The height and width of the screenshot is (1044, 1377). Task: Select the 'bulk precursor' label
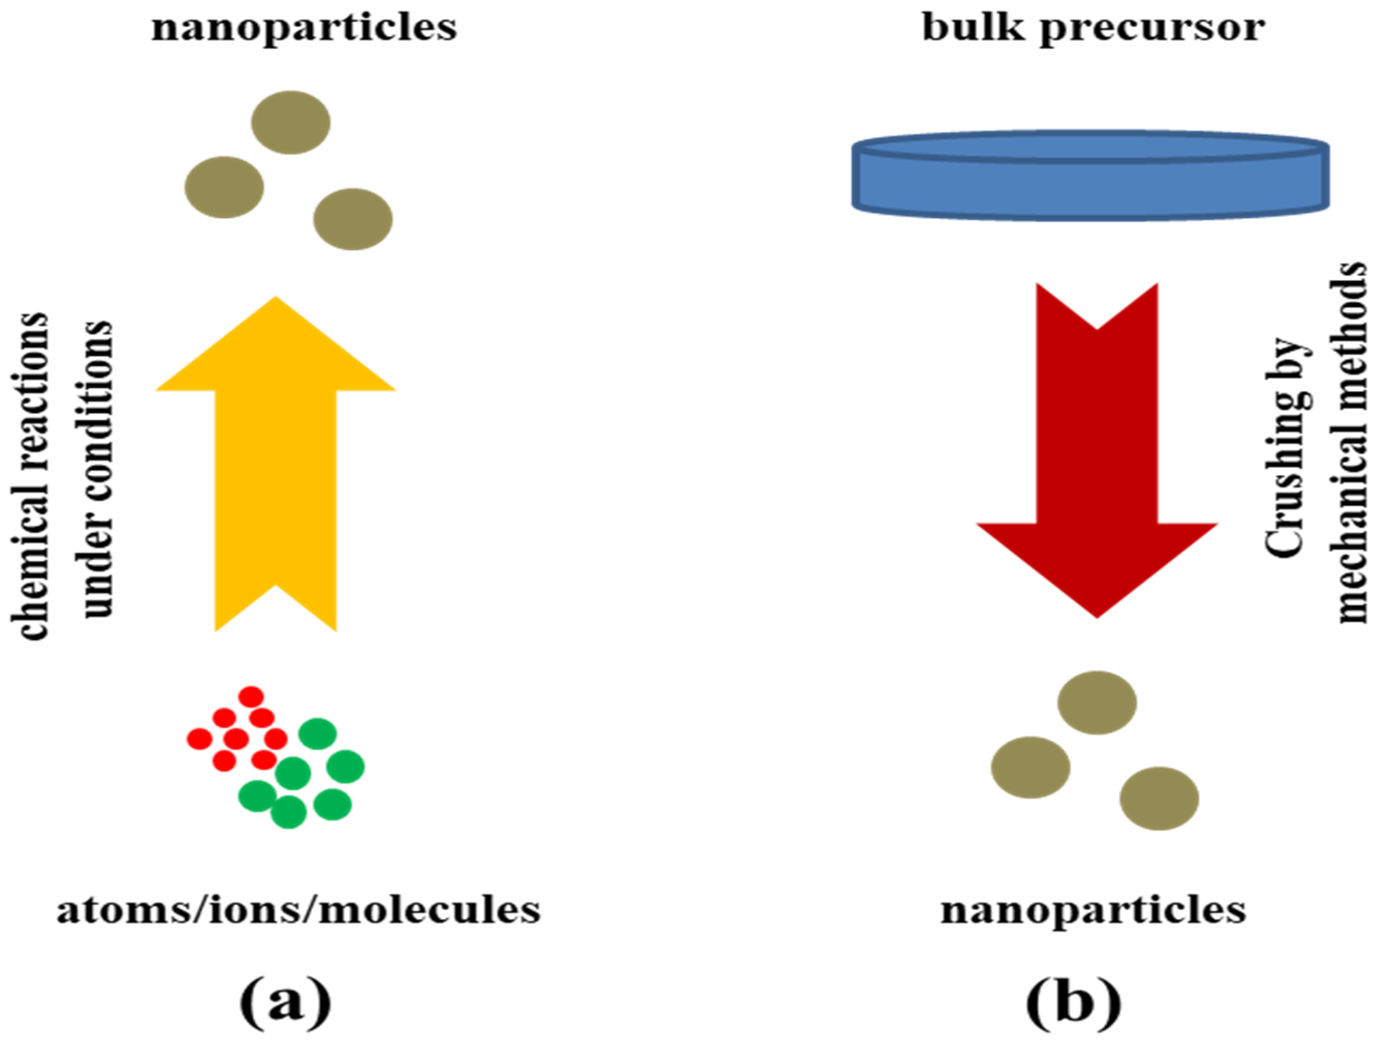[x=1093, y=29]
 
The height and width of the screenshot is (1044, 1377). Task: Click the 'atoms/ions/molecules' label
[x=299, y=910]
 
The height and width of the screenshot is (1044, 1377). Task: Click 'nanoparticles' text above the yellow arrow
[x=304, y=29]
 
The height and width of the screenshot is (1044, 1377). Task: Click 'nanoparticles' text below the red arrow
[x=1093, y=910]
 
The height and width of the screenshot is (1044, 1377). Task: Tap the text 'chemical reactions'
[x=30, y=476]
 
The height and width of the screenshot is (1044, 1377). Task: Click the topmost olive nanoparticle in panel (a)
[x=291, y=122]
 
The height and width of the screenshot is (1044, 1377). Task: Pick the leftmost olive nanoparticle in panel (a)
[x=224, y=187]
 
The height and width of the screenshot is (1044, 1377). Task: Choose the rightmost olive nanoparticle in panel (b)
[x=1159, y=798]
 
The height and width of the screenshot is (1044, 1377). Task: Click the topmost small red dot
[x=252, y=697]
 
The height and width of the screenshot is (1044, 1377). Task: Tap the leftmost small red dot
[x=199, y=739]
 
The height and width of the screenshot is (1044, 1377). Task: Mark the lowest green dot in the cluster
[x=289, y=812]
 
